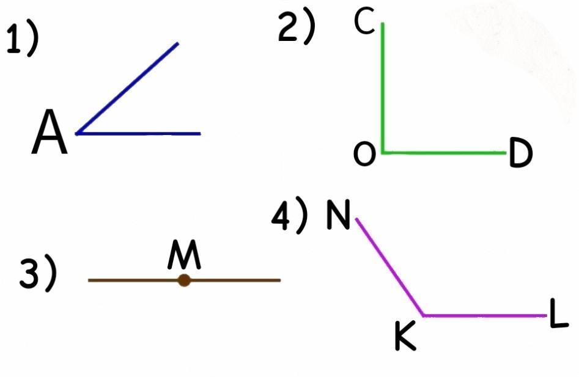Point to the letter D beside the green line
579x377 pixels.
coord(520,154)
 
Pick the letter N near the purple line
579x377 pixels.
coord(337,214)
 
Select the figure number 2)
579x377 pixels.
coord(297,28)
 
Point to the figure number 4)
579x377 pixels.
coord(290,216)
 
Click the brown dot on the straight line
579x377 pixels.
coord(184,280)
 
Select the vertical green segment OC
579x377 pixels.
coord(383,86)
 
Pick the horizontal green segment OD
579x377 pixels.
coord(444,152)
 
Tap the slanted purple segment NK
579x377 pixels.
coord(390,266)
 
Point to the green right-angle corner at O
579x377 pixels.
coord(383,152)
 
